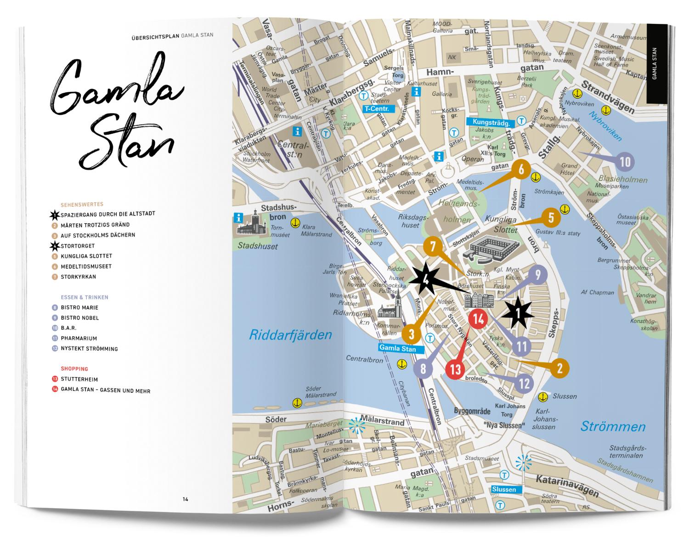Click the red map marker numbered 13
click(455, 369)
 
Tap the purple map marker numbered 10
click(625, 162)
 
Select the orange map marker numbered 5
click(551, 218)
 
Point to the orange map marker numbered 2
click(559, 368)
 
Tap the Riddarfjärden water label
click(290, 334)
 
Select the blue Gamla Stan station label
click(397, 349)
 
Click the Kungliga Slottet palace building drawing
click(491, 248)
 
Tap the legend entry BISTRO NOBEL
click(79, 318)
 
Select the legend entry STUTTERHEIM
click(79, 379)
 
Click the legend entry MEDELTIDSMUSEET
click(86, 266)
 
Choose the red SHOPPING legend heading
click(74, 369)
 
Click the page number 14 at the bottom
click(185, 499)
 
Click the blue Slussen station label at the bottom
click(503, 489)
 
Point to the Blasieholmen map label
click(623, 180)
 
